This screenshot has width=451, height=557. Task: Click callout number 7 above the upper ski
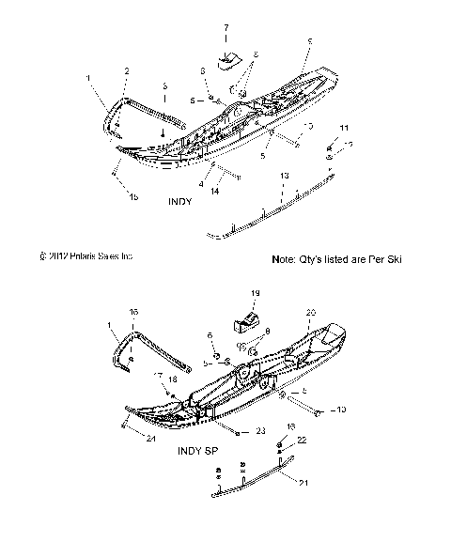point(225,30)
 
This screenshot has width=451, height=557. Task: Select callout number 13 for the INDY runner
point(284,176)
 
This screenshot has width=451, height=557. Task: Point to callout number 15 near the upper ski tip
point(134,196)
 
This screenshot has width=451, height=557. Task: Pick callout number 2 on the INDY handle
point(128,71)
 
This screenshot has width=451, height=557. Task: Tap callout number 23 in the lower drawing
point(260,433)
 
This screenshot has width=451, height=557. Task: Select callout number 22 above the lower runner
point(302,440)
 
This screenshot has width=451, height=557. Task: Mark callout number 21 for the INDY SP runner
point(302,483)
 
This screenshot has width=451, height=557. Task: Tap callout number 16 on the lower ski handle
point(133,311)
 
